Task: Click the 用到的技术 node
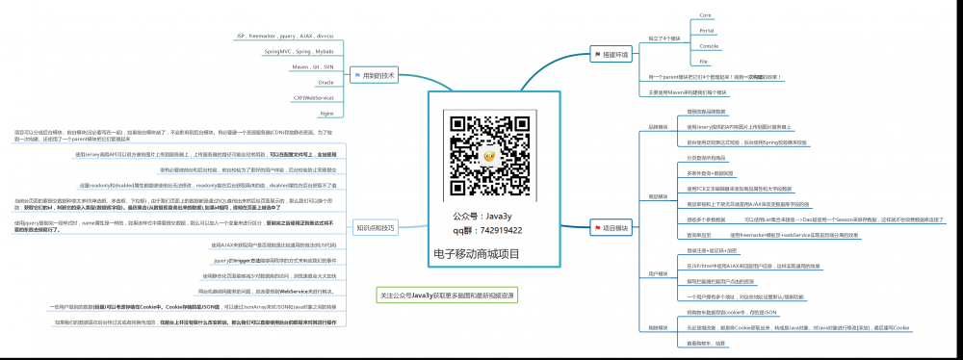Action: (375, 74)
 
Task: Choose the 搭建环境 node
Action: (613, 54)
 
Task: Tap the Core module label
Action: (705, 15)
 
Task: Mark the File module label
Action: (704, 61)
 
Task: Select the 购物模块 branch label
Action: (658, 327)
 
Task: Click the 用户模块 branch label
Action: (658, 273)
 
